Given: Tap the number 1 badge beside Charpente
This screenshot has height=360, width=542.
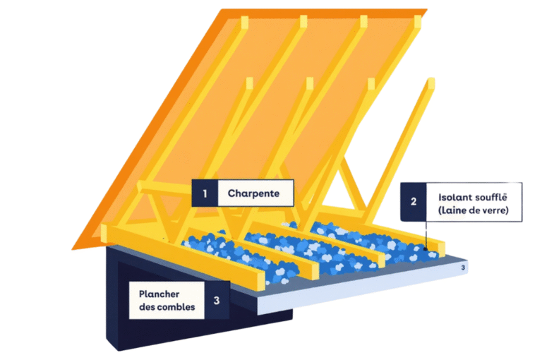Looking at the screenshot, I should [x=205, y=192].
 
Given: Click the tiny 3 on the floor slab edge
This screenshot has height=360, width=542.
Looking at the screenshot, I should [x=463, y=268].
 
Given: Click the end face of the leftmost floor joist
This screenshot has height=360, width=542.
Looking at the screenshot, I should [x=256, y=280].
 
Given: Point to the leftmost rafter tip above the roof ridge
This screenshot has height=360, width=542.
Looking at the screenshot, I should [x=244, y=21].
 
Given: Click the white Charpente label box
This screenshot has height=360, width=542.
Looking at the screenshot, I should [x=253, y=192].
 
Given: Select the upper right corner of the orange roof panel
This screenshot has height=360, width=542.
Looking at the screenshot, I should [x=423, y=13].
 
